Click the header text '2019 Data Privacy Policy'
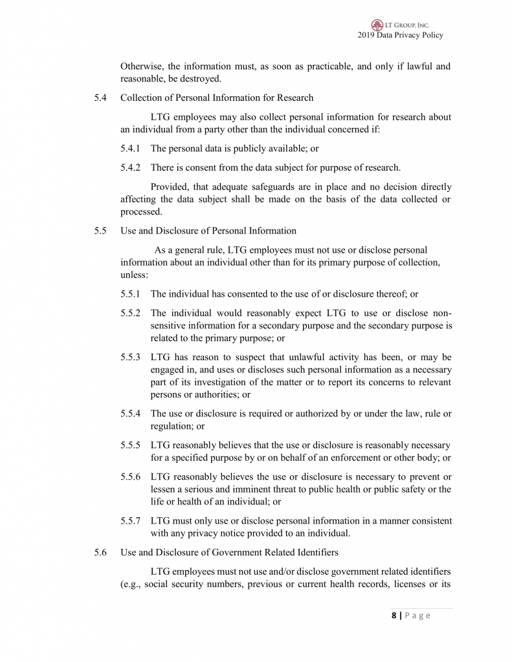(400, 36)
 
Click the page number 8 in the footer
(394, 615)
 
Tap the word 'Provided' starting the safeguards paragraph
(169, 186)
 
